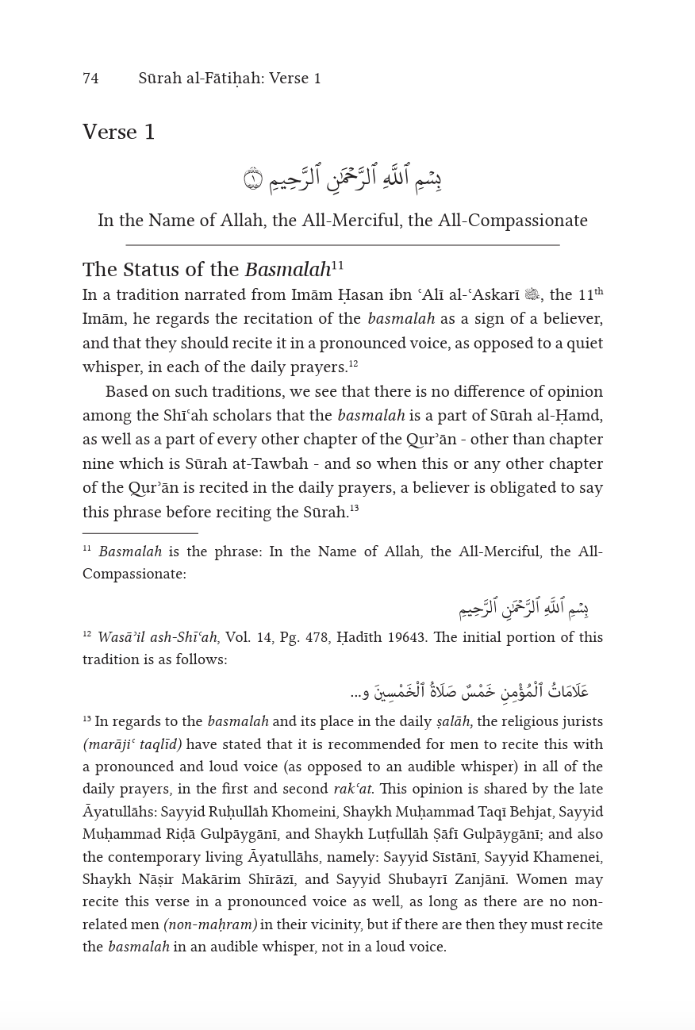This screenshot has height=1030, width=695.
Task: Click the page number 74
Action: tap(90, 79)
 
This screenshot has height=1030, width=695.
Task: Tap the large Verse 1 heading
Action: tap(119, 132)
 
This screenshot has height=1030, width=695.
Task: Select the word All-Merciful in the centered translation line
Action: tap(347, 221)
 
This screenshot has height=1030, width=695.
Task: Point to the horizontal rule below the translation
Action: tap(343, 245)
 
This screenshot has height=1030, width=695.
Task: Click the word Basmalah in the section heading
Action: tap(287, 271)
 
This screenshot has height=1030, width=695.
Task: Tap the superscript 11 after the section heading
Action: tap(338, 265)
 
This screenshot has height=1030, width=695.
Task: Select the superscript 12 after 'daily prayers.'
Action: tap(354, 364)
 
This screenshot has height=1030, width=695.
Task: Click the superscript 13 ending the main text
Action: tap(355, 509)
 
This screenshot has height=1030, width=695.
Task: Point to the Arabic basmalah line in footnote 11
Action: tap(523, 609)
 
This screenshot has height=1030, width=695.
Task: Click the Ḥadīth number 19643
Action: tap(409, 637)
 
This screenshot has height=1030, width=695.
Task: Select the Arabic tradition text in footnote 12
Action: tap(470, 691)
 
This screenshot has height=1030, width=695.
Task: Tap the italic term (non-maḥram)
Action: tap(210, 924)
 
